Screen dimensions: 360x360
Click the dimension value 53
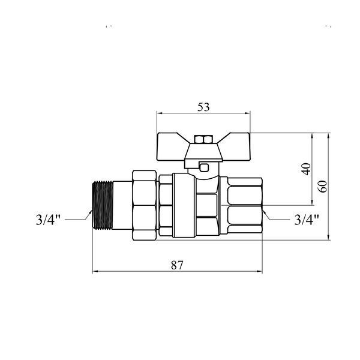[203, 107]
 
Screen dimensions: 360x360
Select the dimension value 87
[177, 265]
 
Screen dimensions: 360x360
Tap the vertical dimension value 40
[307, 169]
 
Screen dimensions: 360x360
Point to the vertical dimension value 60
[323, 187]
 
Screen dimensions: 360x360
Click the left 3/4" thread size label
[48, 220]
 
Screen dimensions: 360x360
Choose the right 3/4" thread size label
[307, 220]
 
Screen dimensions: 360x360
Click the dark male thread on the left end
[103, 205]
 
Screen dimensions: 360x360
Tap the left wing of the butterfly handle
[171, 146]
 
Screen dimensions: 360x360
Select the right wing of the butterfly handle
[236, 146]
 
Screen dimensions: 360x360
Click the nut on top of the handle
[203, 139]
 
